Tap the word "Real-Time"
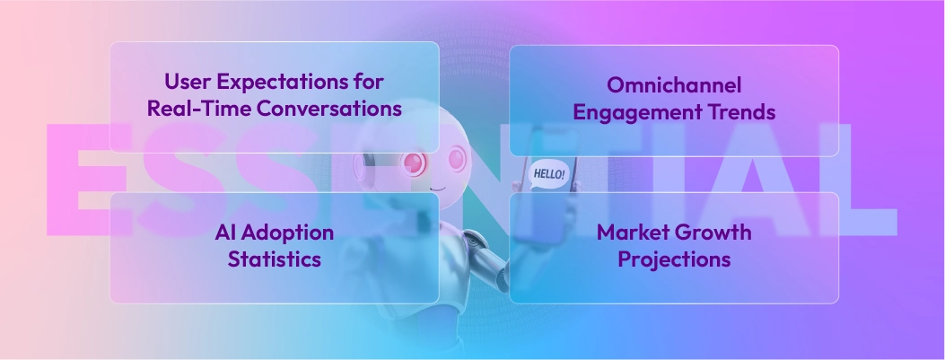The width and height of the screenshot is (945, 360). (x=189, y=110)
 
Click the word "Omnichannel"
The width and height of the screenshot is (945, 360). (x=673, y=85)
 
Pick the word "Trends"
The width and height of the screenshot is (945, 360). (x=741, y=113)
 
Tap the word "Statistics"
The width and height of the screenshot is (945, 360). (x=274, y=260)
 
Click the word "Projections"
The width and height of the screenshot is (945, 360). (x=674, y=260)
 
